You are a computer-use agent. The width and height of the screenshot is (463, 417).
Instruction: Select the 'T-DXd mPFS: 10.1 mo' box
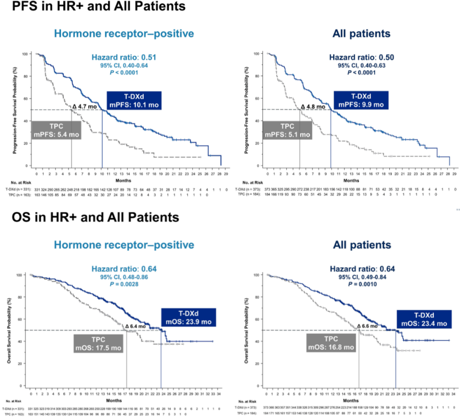click(134, 101)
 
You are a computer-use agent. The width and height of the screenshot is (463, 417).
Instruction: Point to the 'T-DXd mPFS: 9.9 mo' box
click(360, 101)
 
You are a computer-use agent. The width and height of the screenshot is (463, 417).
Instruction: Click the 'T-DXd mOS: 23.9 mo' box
click(187, 319)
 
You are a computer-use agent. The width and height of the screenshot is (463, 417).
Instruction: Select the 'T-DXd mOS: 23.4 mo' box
click(424, 319)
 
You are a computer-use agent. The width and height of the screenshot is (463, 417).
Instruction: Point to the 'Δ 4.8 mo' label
click(313, 107)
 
